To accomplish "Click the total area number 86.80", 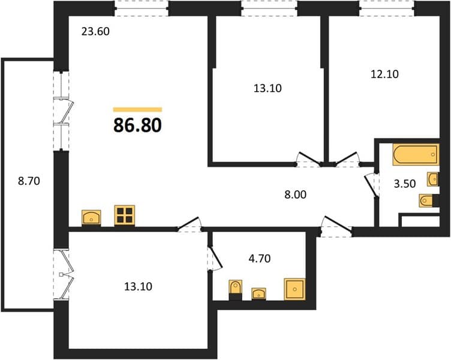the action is click(x=137, y=125).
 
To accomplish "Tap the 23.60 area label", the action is click(x=95, y=31).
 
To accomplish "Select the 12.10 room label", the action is click(x=384, y=74).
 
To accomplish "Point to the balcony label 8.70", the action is click(x=29, y=181).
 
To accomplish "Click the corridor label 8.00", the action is click(x=296, y=195).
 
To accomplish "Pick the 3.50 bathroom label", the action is click(x=405, y=184).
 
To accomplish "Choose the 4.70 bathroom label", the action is click(x=260, y=259).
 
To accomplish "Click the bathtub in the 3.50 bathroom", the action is click(x=416, y=155).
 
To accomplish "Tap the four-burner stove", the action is click(x=125, y=215).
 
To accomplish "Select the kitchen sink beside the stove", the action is click(x=91, y=218).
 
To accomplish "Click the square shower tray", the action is click(x=294, y=289).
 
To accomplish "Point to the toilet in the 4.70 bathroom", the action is click(x=235, y=289).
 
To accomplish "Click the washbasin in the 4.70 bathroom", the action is click(x=258, y=294).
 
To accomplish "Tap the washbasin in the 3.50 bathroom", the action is click(x=433, y=179).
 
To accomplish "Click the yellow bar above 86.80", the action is click(x=137, y=109).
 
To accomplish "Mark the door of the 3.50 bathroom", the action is click(x=371, y=185).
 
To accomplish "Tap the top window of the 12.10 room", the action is click(x=387, y=8).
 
